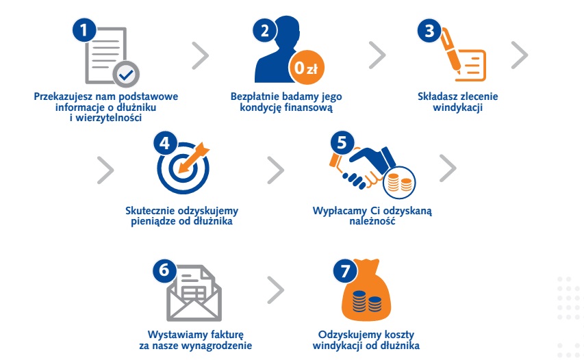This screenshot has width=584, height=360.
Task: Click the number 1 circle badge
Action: (x=84, y=30)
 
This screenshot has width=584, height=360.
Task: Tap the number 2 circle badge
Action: (x=265, y=30)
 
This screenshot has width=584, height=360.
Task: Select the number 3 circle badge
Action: (x=429, y=30)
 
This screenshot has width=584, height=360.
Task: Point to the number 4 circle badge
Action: (x=166, y=143)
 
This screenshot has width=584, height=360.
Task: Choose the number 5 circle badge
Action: (x=342, y=143)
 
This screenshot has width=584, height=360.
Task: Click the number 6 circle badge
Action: (x=164, y=270)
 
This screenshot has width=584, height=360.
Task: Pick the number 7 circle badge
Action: (x=345, y=270)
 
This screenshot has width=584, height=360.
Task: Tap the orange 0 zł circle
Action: (x=307, y=67)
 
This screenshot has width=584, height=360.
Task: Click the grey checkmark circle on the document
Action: (x=126, y=74)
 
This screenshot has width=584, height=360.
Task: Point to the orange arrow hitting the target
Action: (x=194, y=157)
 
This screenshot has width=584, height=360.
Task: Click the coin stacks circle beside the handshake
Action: (x=399, y=183)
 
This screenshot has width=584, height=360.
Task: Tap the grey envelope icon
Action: (x=194, y=293)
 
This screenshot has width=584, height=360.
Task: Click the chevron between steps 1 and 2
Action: (x=201, y=55)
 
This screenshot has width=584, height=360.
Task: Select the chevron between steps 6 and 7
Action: (x=276, y=290)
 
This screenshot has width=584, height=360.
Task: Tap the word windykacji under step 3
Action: (x=458, y=107)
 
